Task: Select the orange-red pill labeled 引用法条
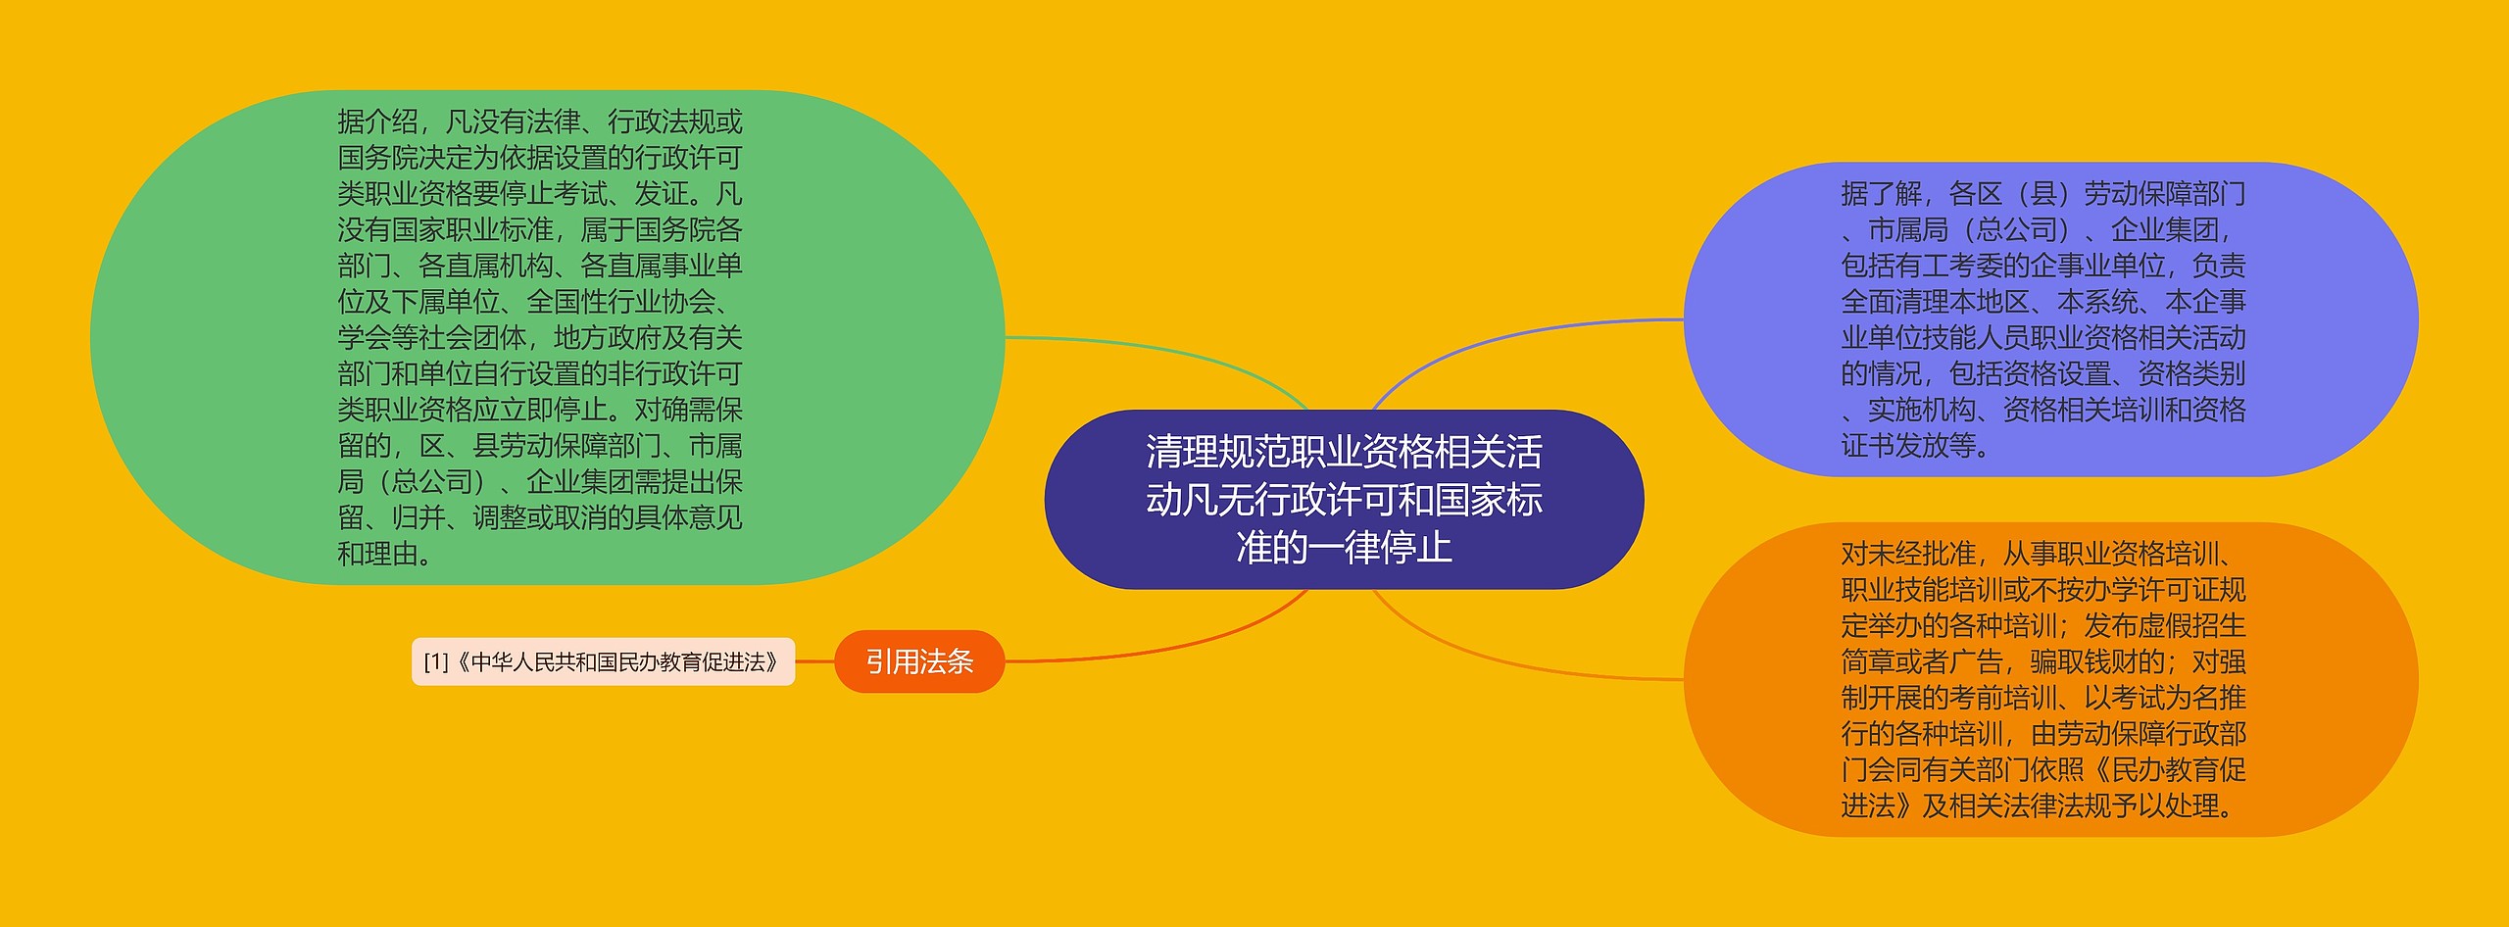[918, 661]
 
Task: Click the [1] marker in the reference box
[435, 662]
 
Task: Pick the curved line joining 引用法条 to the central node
[1176, 646]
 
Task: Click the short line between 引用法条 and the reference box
[814, 661]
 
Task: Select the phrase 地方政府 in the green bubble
[607, 338]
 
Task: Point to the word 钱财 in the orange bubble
[2138, 661]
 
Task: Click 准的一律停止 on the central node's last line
[1344, 547]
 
